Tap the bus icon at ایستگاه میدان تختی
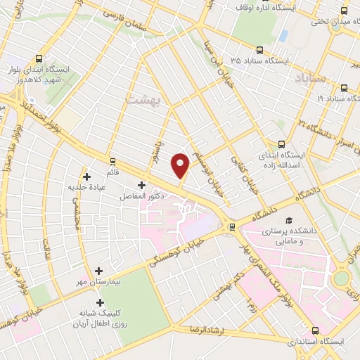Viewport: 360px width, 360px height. [344, 11]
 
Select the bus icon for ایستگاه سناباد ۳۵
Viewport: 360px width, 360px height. [259, 51]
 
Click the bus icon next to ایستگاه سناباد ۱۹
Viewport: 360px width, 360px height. [344, 88]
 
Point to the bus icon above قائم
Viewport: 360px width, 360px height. [110, 161]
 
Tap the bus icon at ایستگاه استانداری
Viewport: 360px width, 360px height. [314, 330]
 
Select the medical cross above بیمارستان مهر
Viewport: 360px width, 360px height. [98, 270]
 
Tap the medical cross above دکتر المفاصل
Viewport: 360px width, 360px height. [141, 185]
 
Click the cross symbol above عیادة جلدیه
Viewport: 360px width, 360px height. [86, 177]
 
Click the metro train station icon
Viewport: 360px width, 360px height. [231, 226]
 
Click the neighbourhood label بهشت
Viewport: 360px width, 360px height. [143, 101]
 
